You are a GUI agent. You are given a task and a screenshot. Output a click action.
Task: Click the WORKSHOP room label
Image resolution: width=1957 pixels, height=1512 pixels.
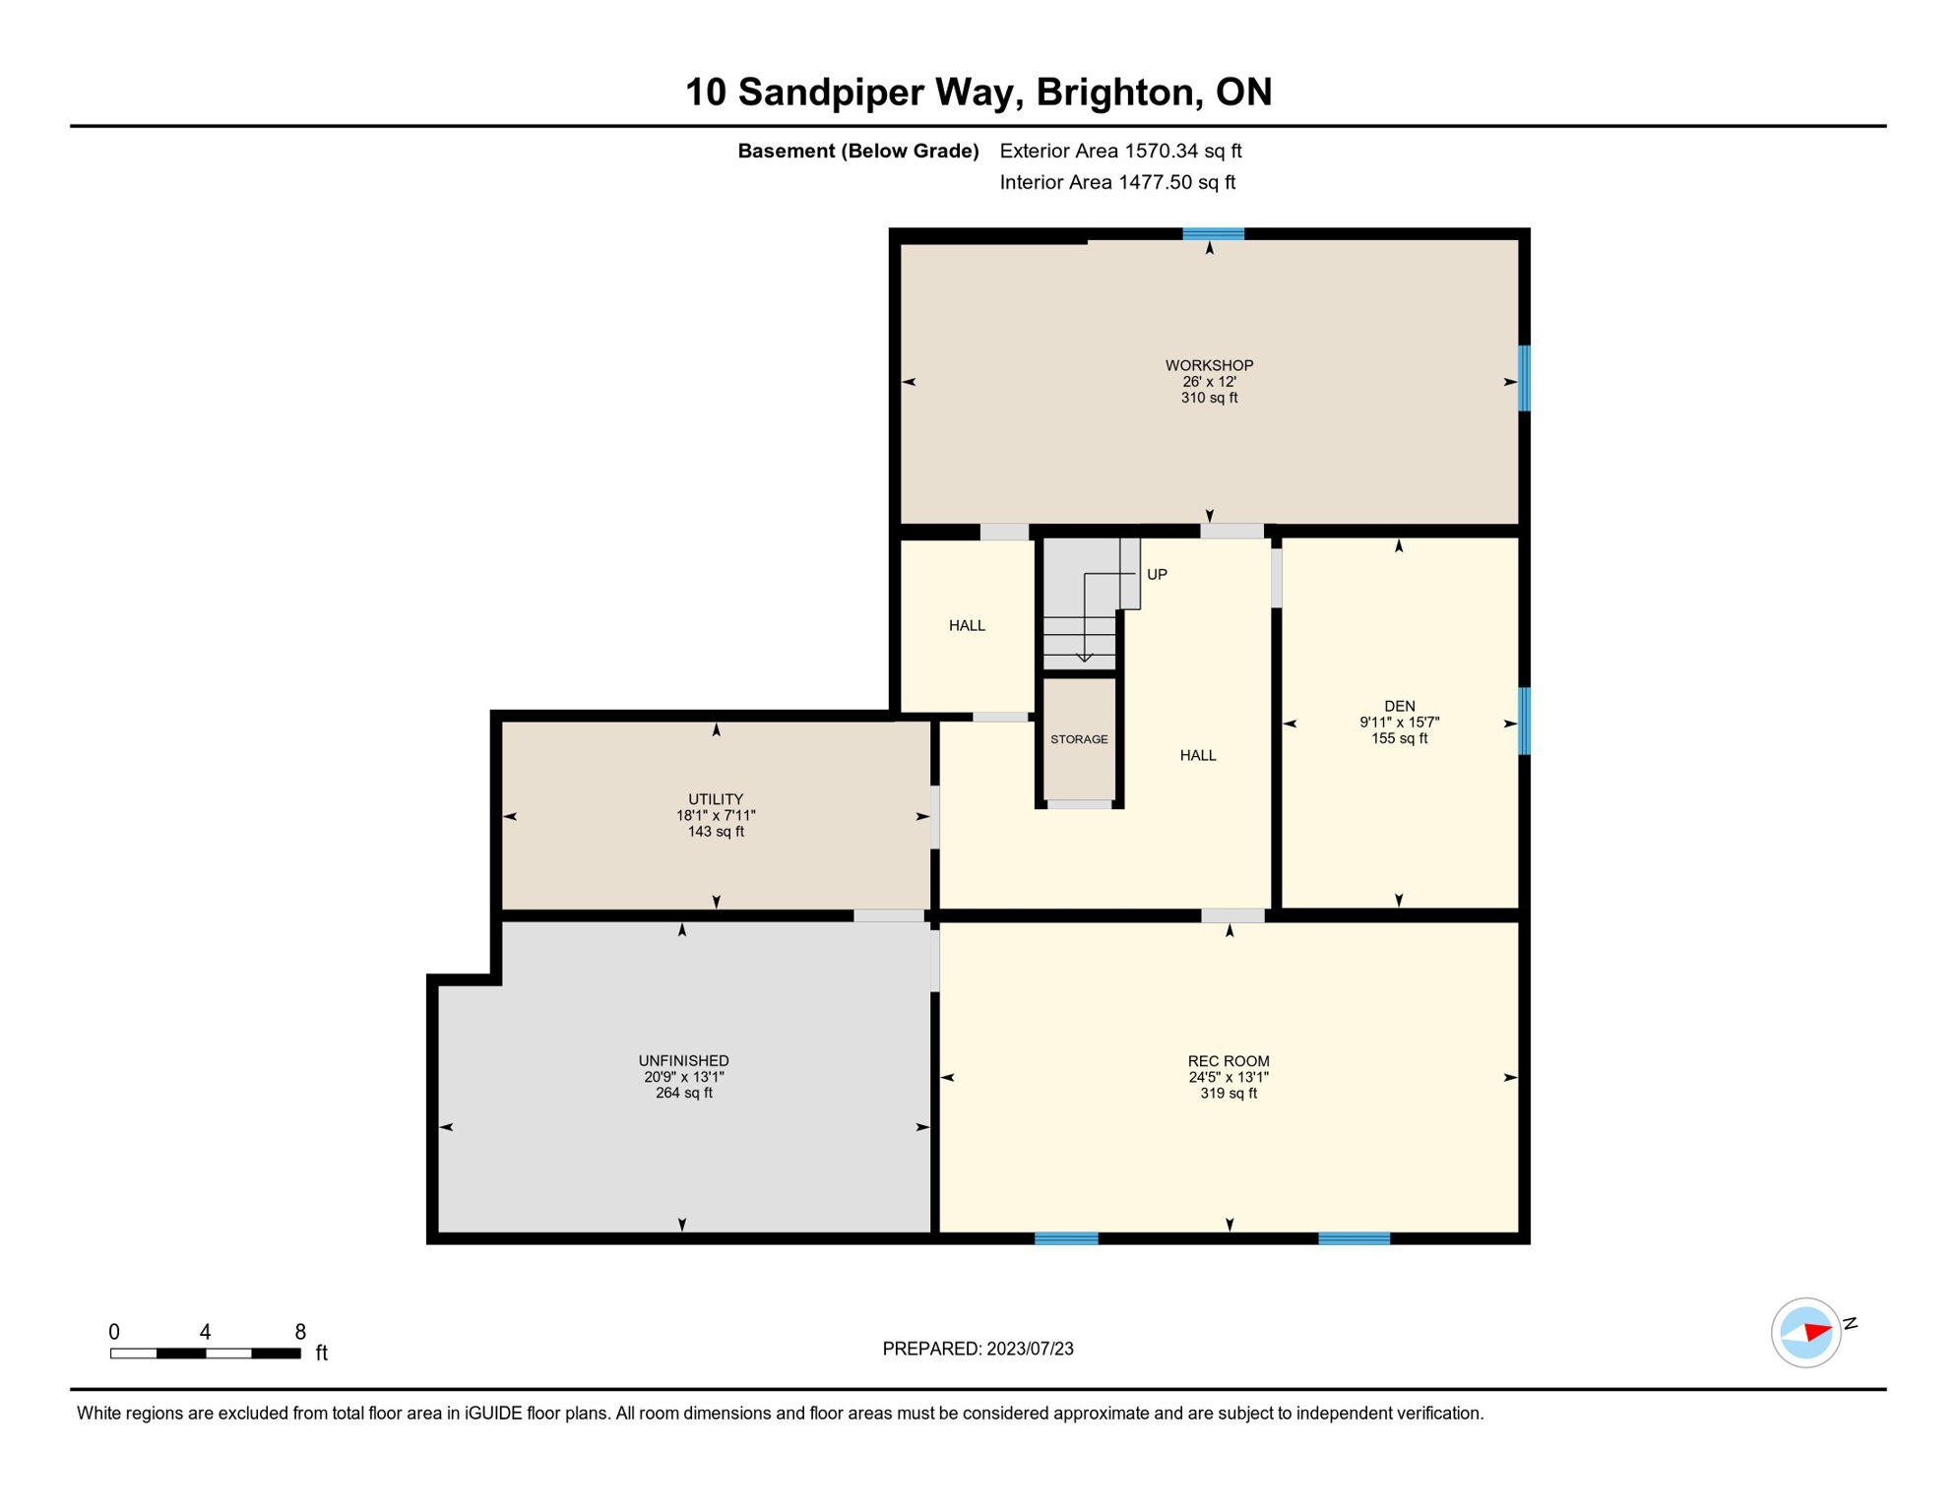[1209, 365]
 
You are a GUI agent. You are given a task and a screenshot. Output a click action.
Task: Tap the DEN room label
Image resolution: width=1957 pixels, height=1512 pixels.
[1399, 706]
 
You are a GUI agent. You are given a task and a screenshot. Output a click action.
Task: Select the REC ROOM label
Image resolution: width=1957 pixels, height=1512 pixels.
[1228, 1061]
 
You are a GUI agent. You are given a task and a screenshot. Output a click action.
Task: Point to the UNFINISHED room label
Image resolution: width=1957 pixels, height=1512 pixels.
[683, 1060]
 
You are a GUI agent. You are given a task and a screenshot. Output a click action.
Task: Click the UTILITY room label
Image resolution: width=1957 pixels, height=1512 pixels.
[716, 799]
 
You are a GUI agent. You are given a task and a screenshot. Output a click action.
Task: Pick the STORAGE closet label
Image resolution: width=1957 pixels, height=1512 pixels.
[1079, 739]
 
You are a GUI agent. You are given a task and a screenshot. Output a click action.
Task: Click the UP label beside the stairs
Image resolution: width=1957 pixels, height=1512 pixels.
[1157, 575]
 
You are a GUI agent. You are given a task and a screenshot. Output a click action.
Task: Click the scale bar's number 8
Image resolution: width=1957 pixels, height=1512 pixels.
[300, 1332]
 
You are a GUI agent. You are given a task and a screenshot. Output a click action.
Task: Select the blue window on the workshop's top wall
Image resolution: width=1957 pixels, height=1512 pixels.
[1213, 234]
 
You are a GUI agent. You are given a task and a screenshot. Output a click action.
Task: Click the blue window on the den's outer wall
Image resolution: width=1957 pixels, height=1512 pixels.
[1524, 721]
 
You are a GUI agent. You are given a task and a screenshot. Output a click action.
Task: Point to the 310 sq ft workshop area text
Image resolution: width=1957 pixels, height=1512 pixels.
[1209, 398]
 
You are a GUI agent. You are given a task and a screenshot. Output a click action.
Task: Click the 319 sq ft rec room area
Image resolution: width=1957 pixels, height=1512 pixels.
[1228, 1094]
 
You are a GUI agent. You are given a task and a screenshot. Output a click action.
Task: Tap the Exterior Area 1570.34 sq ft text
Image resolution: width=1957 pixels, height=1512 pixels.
[1120, 151]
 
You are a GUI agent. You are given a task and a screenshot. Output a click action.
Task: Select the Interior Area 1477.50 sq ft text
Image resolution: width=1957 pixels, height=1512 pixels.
[1117, 182]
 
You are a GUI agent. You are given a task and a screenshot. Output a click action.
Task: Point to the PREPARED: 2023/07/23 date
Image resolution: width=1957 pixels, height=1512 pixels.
[978, 1349]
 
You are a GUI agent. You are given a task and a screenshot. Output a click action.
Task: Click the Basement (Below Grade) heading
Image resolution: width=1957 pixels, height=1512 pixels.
[857, 151]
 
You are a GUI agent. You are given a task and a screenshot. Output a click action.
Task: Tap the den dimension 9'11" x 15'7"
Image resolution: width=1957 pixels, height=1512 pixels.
[1399, 723]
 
